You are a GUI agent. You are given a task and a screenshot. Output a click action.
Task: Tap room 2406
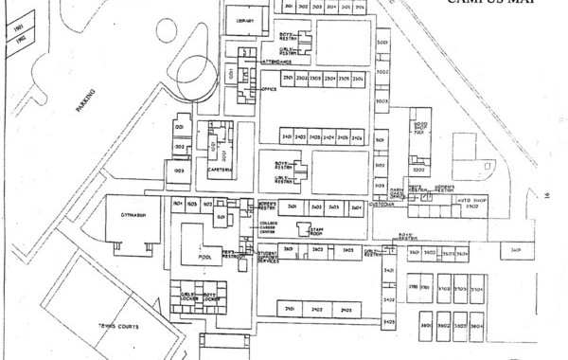357,137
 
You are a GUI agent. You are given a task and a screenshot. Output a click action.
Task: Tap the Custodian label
381,203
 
